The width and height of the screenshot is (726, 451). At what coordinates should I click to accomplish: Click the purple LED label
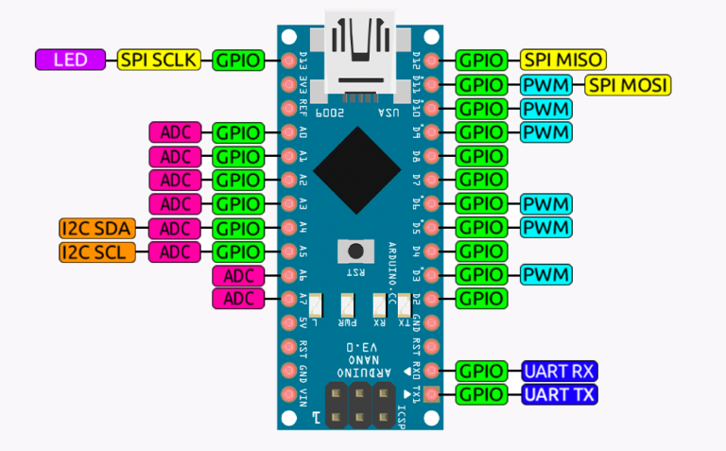coord(72,60)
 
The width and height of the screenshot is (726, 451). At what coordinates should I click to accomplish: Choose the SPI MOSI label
coord(628,84)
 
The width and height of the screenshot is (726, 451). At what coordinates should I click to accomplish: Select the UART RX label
coord(559,371)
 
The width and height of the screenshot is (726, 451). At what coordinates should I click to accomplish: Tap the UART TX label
coord(559,394)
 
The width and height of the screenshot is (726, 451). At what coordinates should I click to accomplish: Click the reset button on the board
coord(355,251)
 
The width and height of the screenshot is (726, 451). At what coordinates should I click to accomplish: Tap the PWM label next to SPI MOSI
coord(546,84)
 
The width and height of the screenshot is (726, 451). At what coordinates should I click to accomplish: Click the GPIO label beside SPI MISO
coord(482,60)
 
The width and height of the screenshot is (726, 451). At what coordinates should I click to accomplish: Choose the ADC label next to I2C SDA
coord(176,227)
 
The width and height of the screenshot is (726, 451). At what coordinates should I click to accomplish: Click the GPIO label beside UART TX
coord(482,394)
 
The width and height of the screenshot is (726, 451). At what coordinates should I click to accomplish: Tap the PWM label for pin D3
coord(546,275)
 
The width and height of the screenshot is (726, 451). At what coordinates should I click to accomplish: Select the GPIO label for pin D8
coord(482,155)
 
